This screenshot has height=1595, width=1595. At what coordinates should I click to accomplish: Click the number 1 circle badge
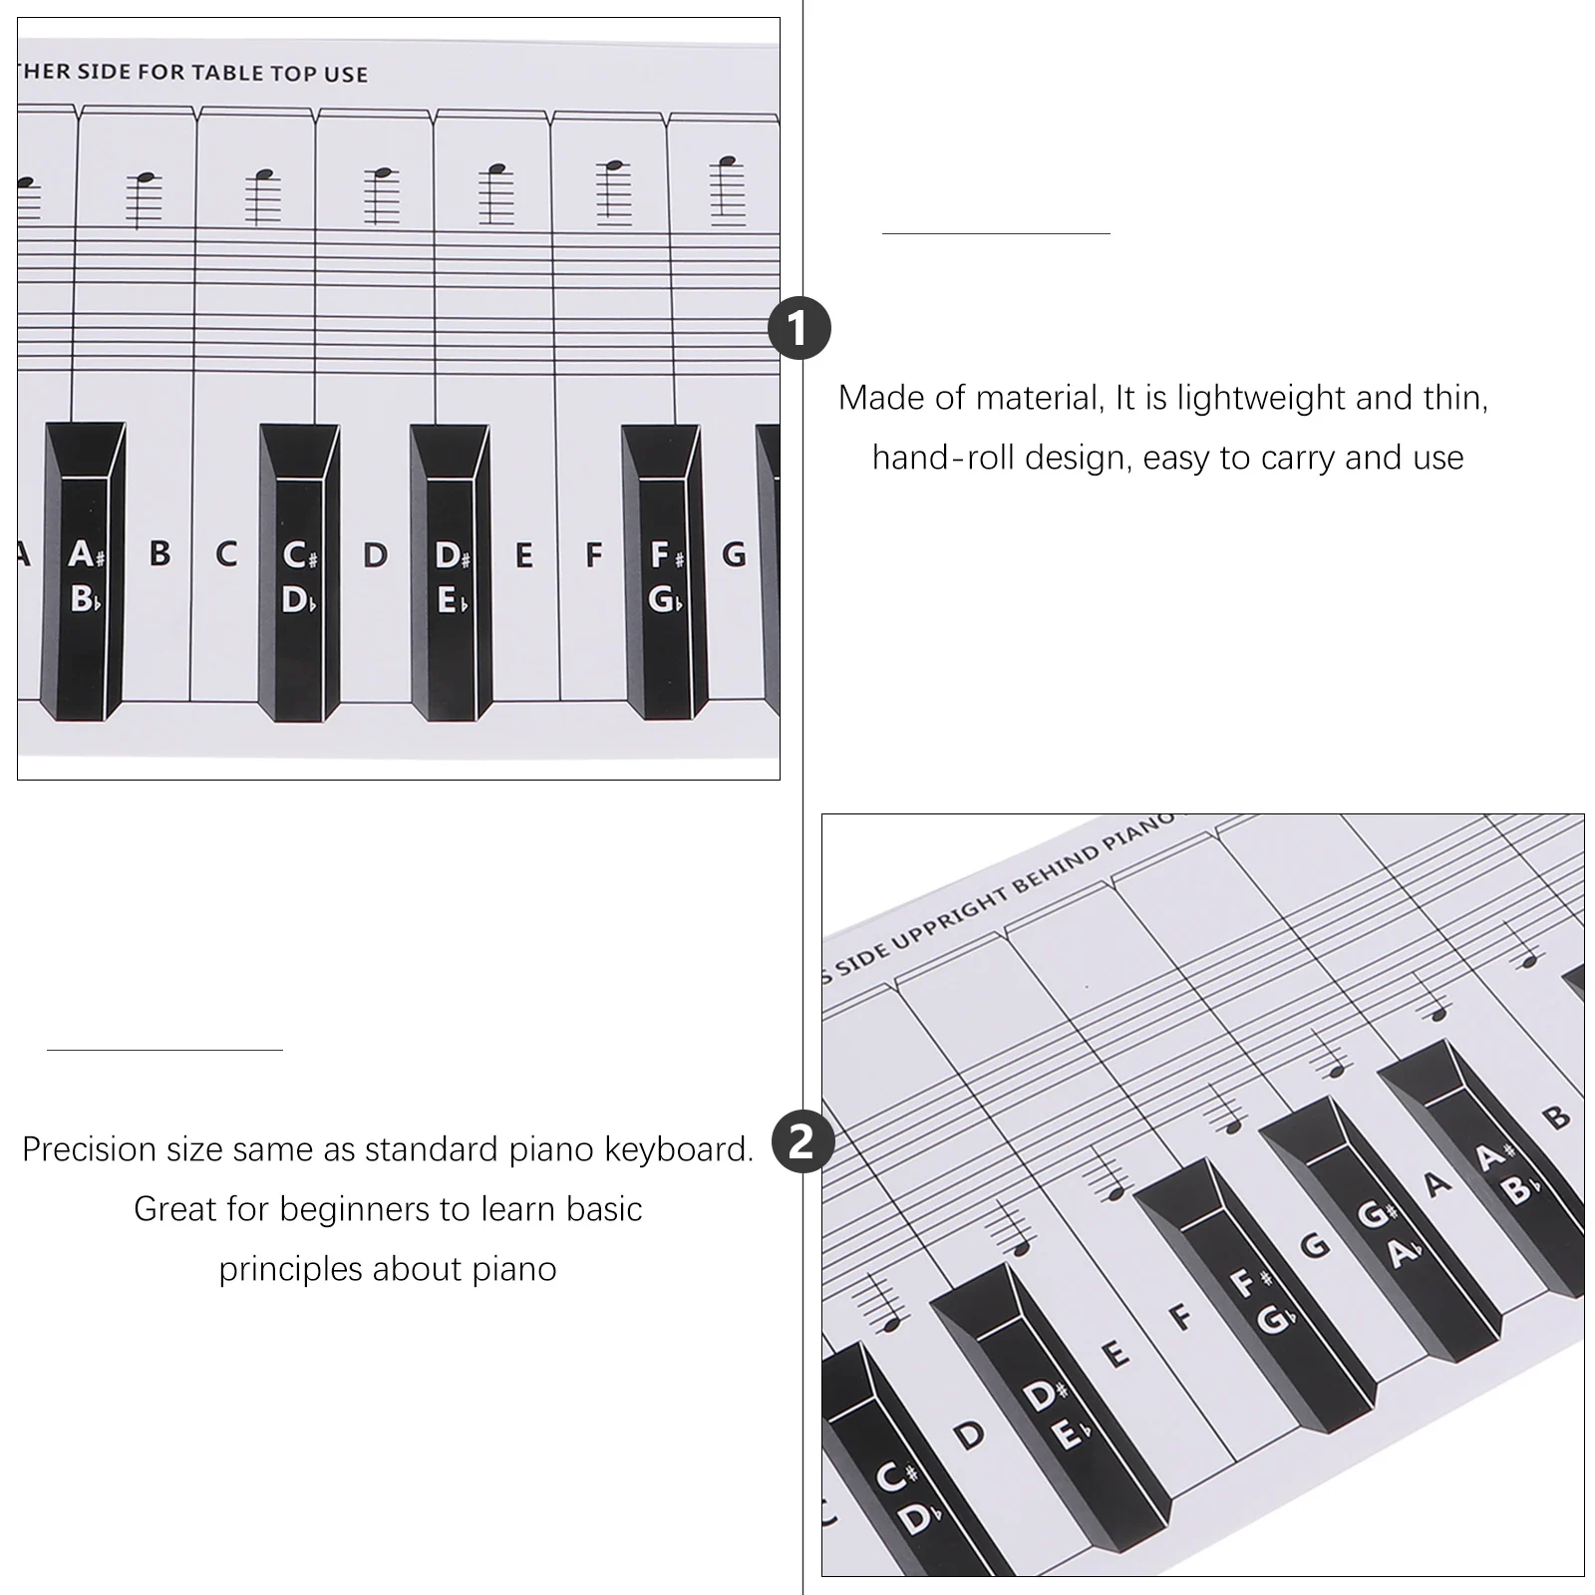pyautogui.click(x=799, y=329)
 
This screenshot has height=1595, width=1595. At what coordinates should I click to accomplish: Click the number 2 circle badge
pyautogui.click(x=801, y=1141)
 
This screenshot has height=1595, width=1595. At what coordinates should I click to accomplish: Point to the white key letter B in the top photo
pyautogui.click(x=159, y=554)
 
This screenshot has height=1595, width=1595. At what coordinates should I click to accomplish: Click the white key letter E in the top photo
pyautogui.click(x=523, y=555)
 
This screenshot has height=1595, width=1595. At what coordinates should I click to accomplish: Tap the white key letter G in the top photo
pyautogui.click(x=734, y=554)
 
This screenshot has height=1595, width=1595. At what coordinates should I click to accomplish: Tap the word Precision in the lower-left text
pyautogui.click(x=89, y=1149)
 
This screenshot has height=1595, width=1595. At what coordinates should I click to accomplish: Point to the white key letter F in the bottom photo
pyautogui.click(x=1182, y=1317)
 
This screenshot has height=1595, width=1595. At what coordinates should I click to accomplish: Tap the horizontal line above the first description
pyautogui.click(x=996, y=233)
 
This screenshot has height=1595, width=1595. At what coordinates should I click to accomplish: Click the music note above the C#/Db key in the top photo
pyautogui.click(x=263, y=175)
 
